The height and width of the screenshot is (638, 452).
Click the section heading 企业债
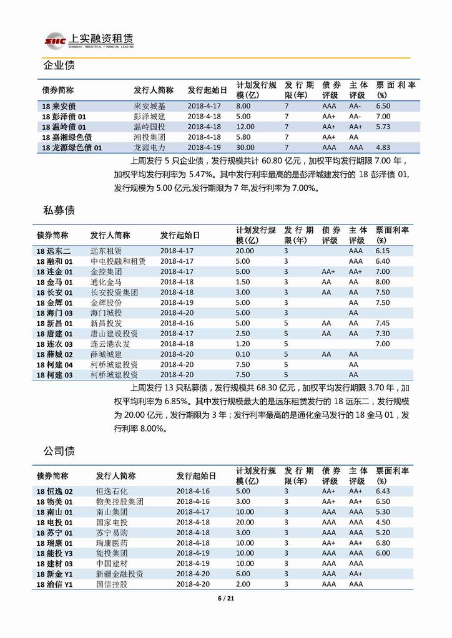59,66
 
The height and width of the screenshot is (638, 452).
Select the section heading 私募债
59,211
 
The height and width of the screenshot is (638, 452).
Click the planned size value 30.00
245,148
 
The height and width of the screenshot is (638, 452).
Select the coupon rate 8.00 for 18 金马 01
382,282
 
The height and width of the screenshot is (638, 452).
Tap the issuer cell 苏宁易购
111,533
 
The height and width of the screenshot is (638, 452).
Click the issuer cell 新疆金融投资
120,574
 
